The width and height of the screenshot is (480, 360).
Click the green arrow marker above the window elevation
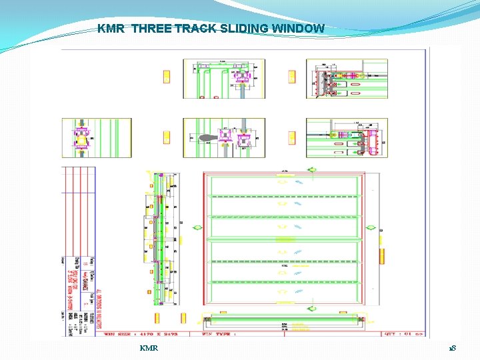311,170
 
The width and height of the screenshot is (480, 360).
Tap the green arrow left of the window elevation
197,228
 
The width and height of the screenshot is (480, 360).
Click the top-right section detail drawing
347,78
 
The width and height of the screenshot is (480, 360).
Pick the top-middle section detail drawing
224,78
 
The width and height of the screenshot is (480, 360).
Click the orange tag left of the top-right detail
291,77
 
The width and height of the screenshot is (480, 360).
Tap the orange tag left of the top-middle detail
167,77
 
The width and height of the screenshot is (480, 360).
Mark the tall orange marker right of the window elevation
383,257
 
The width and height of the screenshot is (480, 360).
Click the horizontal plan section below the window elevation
285,321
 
